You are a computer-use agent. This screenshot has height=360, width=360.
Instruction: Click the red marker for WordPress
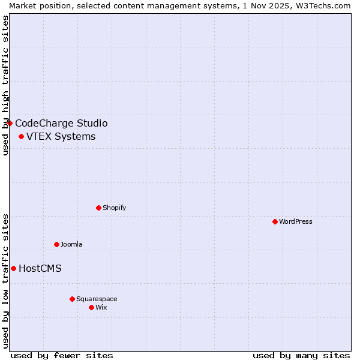point(275,221)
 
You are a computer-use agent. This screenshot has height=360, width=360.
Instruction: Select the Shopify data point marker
point(98,208)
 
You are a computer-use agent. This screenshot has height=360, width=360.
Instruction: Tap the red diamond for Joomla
point(56,244)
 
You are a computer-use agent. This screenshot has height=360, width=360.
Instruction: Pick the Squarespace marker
point(72,299)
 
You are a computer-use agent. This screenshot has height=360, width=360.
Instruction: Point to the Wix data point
point(91,307)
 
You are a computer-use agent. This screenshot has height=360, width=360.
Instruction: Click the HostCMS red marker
point(13,268)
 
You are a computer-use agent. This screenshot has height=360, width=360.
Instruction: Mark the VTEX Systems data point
point(21,136)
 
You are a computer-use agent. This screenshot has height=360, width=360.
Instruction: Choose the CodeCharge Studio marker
point(10,123)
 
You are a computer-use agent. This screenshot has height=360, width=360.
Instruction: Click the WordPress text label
point(296,221)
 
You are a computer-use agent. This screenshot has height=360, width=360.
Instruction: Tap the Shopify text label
point(114,208)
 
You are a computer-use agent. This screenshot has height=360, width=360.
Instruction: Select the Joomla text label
point(71,244)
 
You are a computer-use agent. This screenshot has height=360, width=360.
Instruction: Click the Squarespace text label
point(97,299)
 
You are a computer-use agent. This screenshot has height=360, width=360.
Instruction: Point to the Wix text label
point(101,307)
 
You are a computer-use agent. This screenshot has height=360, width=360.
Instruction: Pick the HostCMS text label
point(40,268)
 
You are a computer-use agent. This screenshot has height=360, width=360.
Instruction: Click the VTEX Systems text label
point(61,136)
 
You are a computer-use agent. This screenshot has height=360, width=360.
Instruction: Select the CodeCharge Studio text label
point(61,123)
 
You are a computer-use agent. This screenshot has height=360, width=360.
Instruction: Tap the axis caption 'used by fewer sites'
point(62,355)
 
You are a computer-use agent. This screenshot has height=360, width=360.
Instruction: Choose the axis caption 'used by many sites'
point(301,355)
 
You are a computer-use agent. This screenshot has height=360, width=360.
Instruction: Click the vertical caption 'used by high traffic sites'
point(5,85)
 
